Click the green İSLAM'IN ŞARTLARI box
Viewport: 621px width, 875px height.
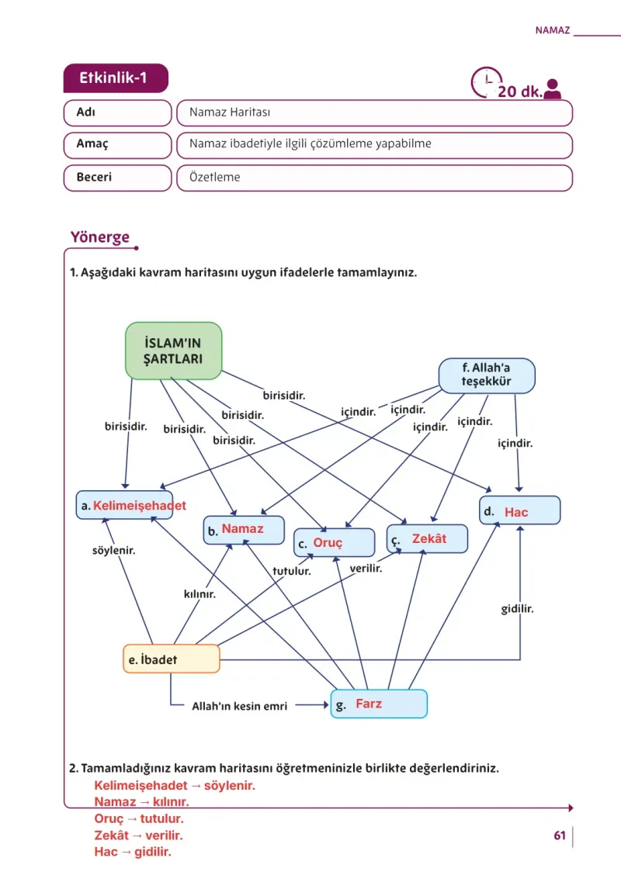[174, 351]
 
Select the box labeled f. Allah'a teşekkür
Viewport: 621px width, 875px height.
[487, 375]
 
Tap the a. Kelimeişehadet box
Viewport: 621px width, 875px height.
[124, 505]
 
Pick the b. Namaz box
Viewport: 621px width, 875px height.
[244, 530]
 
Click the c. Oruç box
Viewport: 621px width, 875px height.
[334, 542]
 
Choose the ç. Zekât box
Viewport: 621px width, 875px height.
[427, 538]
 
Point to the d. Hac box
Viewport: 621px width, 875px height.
[519, 510]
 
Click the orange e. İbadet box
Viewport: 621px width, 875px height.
[172, 659]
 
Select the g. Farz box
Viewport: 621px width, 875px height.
[379, 704]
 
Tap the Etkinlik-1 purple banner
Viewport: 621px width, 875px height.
[116, 78]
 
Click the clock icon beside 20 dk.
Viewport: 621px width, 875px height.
[484, 82]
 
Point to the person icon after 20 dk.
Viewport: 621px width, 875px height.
[553, 88]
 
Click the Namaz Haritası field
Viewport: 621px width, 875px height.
[375, 112]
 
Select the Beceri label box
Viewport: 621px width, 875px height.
[117, 178]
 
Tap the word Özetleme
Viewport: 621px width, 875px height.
[214, 178]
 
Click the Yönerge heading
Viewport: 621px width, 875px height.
[100, 237]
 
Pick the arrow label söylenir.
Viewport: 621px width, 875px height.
[114, 550]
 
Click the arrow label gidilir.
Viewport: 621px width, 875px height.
[517, 609]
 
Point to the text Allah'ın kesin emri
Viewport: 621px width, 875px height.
[240, 706]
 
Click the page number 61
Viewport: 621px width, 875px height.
[560, 835]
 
